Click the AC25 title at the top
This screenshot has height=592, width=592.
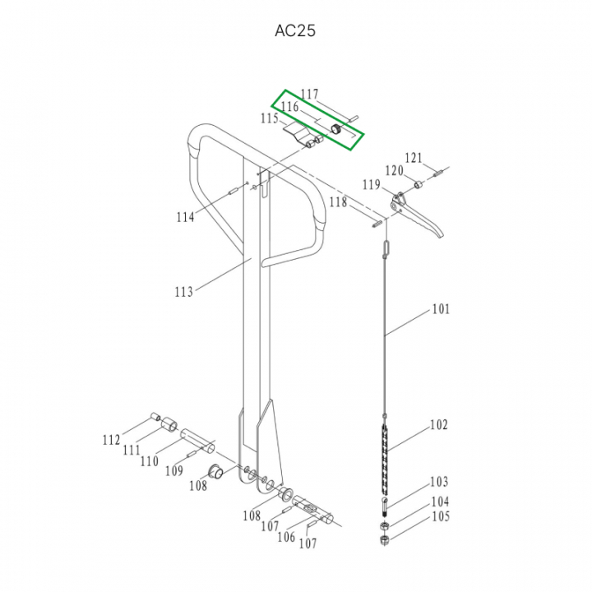(295, 30)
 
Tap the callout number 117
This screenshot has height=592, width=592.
(310, 94)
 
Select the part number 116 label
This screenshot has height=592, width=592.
(290, 107)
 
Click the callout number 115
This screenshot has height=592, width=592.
(270, 118)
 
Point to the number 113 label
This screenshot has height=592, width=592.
(184, 291)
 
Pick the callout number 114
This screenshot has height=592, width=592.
(185, 217)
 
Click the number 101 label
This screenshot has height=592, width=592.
(441, 309)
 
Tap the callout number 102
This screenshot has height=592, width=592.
(439, 425)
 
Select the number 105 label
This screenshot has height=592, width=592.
(441, 516)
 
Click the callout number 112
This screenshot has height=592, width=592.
(111, 440)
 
